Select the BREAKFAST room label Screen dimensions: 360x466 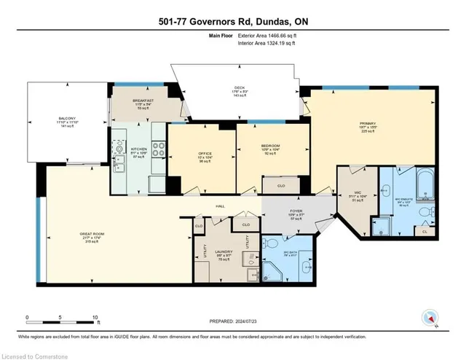coord(142,101)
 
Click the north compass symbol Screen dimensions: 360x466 coord(427,318)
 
